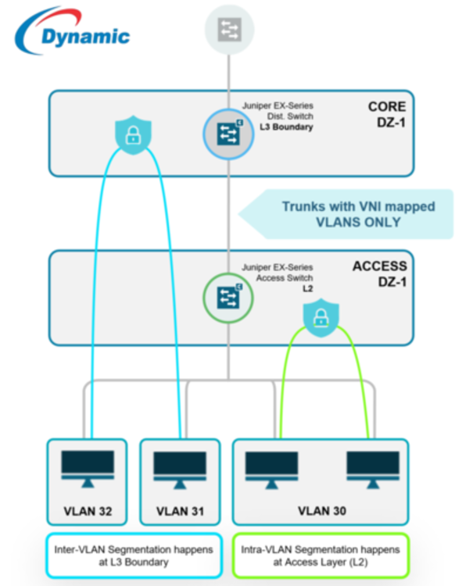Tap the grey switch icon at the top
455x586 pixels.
pos(229,28)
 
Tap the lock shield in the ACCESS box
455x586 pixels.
pos(319,316)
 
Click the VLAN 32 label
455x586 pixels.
pos(87,511)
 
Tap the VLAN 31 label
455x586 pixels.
pos(180,511)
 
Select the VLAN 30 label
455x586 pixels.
pos(321,511)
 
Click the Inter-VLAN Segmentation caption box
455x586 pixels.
pos(134,556)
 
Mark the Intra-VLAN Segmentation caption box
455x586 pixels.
pos(321,556)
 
